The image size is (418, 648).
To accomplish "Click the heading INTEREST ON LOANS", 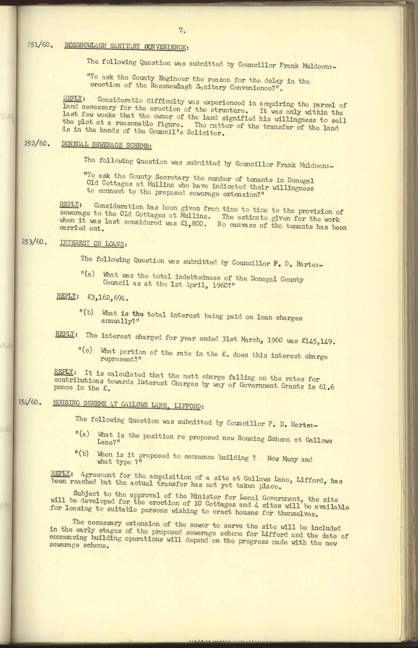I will tap(93, 243).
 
